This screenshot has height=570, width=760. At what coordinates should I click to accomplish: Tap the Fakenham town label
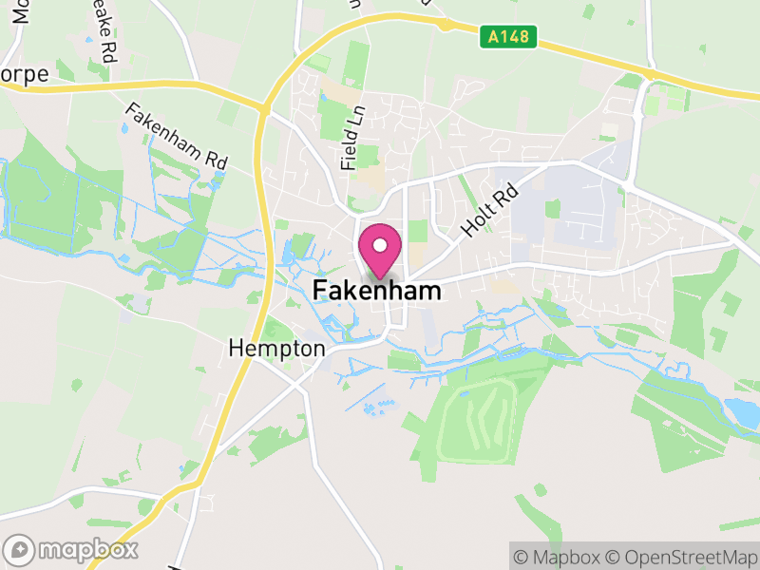[x=377, y=291]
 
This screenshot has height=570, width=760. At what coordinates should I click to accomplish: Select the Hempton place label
[x=276, y=349]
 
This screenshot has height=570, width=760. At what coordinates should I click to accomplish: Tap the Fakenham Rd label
[x=176, y=137]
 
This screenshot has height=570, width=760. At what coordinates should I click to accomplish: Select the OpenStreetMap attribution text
[x=681, y=556]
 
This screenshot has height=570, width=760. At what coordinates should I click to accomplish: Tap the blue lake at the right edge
[x=742, y=413]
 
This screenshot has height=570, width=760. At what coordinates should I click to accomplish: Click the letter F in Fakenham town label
[x=320, y=291]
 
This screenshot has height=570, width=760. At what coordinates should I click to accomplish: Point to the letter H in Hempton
[x=236, y=349]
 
